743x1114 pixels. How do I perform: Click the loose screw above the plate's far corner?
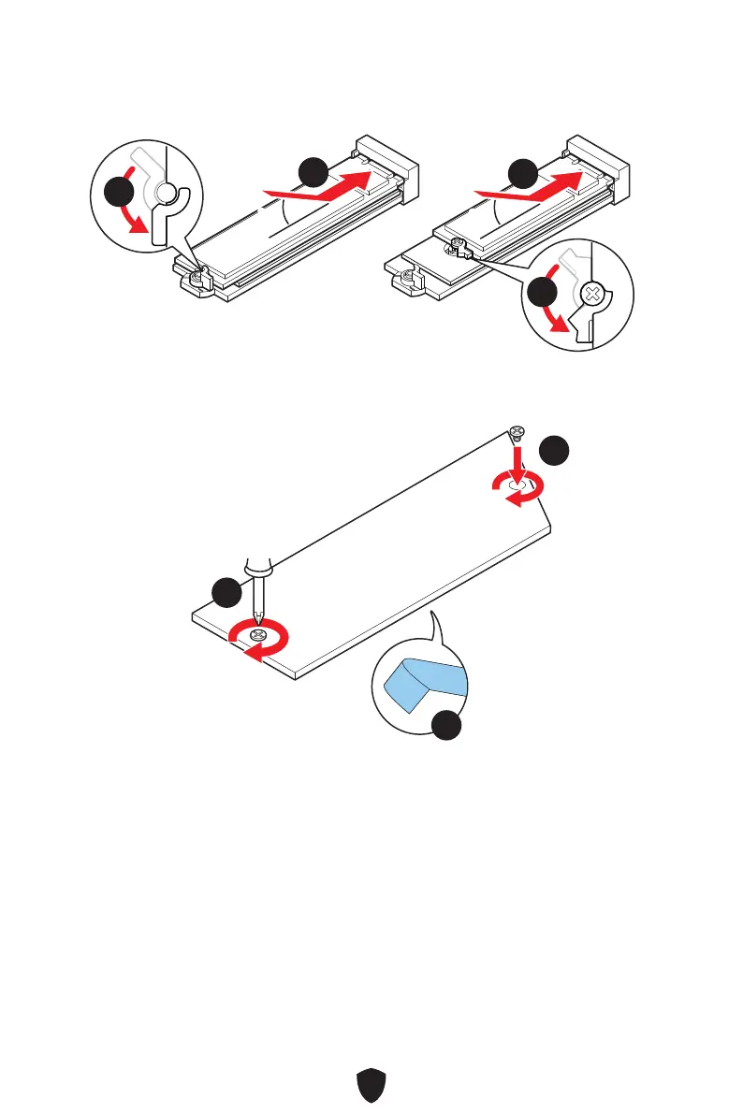517,431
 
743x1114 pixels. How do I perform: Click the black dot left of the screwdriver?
226,594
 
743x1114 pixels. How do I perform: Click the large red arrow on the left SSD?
318,188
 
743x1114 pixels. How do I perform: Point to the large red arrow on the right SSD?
529,188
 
